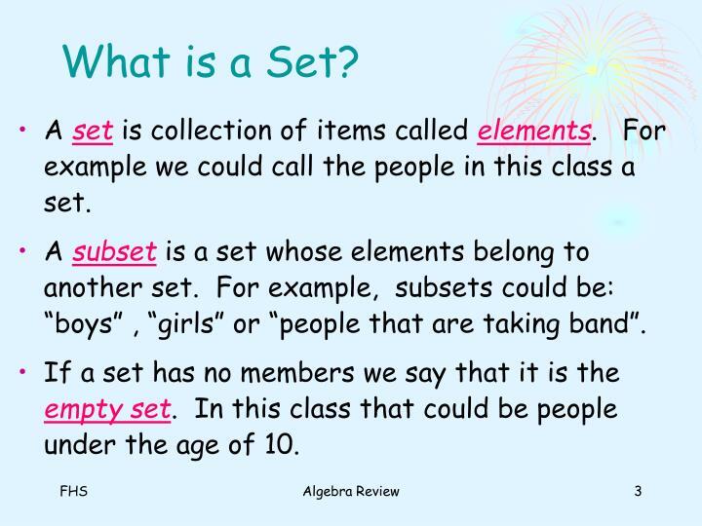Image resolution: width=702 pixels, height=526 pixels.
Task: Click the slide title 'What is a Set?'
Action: tap(212, 62)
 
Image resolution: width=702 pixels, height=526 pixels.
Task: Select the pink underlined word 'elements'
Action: tap(534, 131)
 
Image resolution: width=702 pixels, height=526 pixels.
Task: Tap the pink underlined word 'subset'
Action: tap(128, 252)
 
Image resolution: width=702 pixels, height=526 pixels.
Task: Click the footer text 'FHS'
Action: tap(73, 492)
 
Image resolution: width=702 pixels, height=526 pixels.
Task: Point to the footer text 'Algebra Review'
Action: tap(351, 492)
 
